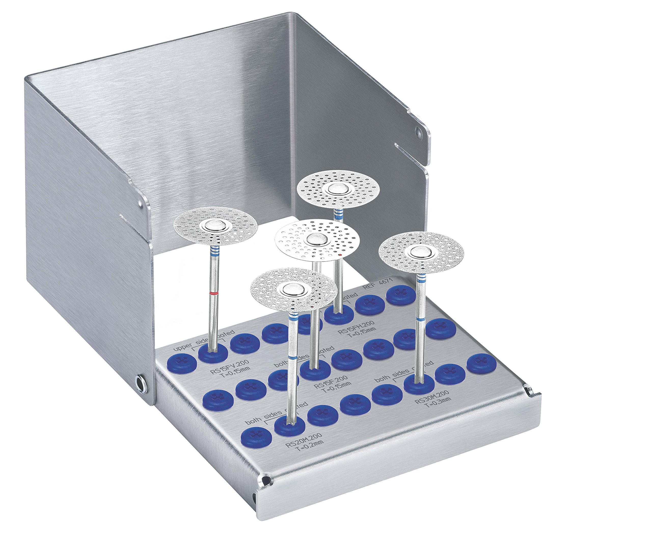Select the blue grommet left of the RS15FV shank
pyautogui.click(x=181, y=362)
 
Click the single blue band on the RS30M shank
pyautogui.click(x=421, y=319)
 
